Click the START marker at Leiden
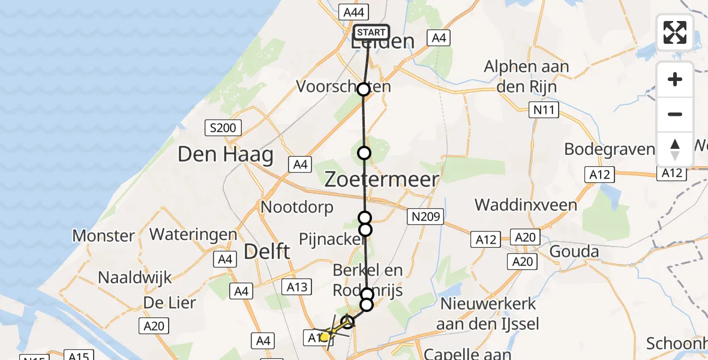coord(371,32)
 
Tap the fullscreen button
coord(675,32)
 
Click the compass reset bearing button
coord(675,149)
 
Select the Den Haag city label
coord(225,155)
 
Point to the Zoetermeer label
coord(382,178)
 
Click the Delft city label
coord(267,251)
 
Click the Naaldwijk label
coord(135,278)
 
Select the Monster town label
coord(104,235)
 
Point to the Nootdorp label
coord(297,208)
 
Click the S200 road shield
coord(223,127)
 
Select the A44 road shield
coord(354,12)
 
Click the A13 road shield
coord(298,287)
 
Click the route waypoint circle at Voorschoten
coord(364,89)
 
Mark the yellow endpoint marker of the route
coord(325,337)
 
